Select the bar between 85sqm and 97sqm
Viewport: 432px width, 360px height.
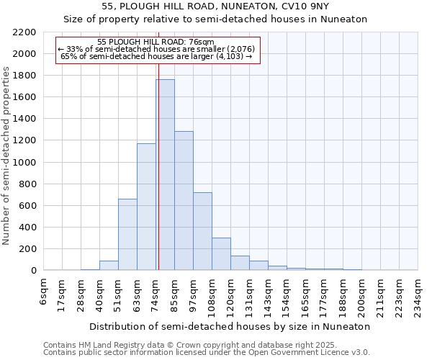184,201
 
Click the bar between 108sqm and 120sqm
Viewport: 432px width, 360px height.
221,254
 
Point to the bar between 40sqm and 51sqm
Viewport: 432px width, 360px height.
109,266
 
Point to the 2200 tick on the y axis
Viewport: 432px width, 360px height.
24,32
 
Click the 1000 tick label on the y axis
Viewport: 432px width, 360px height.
24,163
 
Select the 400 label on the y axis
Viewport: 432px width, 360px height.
27,228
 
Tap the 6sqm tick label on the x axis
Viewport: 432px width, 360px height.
44,291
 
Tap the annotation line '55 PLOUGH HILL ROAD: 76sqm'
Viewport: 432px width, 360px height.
156,42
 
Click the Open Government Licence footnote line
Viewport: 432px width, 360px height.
207,353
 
